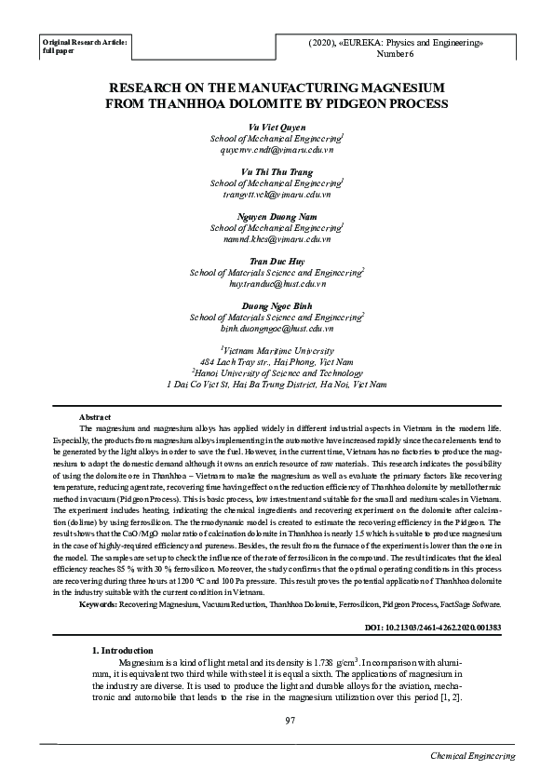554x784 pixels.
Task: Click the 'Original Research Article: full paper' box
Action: pyautogui.click(x=86, y=47)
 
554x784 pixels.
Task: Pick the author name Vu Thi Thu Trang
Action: pyautogui.click(x=277, y=171)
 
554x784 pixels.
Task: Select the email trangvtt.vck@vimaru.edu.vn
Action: pyautogui.click(x=277, y=195)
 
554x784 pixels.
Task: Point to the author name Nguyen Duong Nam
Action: pyautogui.click(x=277, y=216)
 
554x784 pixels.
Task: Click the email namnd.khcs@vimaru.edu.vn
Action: pyautogui.click(x=277, y=239)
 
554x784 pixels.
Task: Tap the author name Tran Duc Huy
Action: pyautogui.click(x=277, y=261)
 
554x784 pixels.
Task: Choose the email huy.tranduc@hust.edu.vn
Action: pyautogui.click(x=277, y=284)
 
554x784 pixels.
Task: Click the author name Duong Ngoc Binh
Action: pyautogui.click(x=277, y=305)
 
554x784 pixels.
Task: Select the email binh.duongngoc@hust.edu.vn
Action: pyautogui.click(x=277, y=329)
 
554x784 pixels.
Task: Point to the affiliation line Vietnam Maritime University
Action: pyautogui.click(x=277, y=350)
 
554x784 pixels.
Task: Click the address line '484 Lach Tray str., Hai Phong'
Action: pyautogui.click(x=277, y=361)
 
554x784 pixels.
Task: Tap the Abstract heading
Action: pyautogui.click(x=96, y=416)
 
